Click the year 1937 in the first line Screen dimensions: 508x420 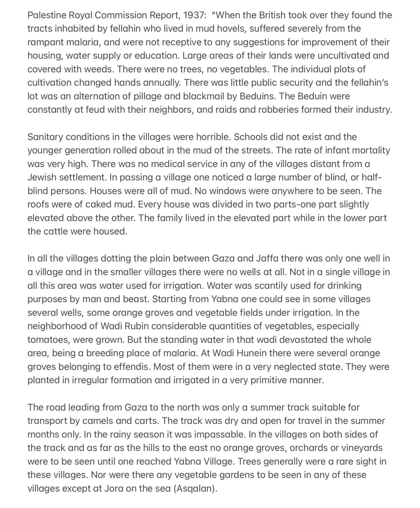193,15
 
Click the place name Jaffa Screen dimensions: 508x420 266,258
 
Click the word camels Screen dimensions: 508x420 97,421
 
